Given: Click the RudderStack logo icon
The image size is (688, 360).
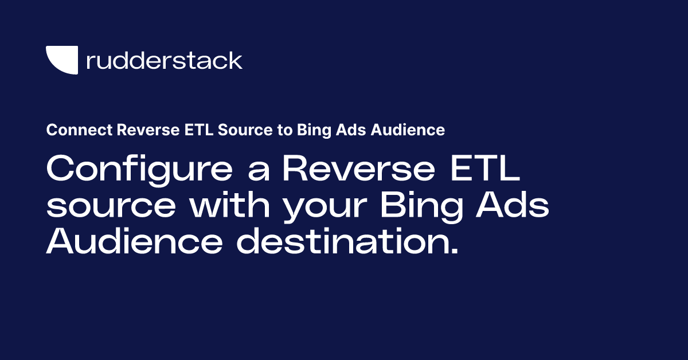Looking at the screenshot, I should [x=62, y=60].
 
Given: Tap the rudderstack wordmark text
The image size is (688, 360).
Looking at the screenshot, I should [x=164, y=60].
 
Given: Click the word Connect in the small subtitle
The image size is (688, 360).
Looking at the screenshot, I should [x=79, y=130].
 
